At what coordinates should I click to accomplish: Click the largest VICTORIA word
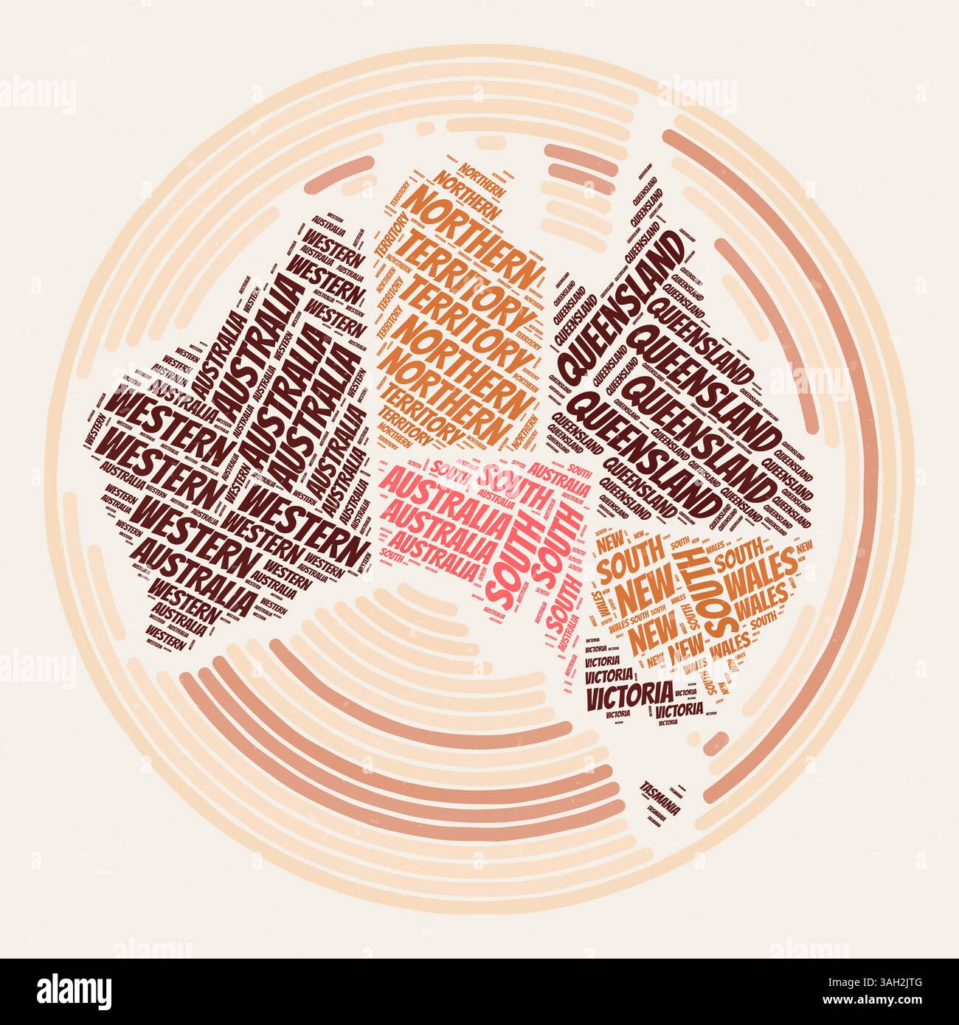coord(628,694)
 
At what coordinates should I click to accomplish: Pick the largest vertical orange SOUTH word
coord(716,590)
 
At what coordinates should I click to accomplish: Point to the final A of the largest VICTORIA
coord(665,692)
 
